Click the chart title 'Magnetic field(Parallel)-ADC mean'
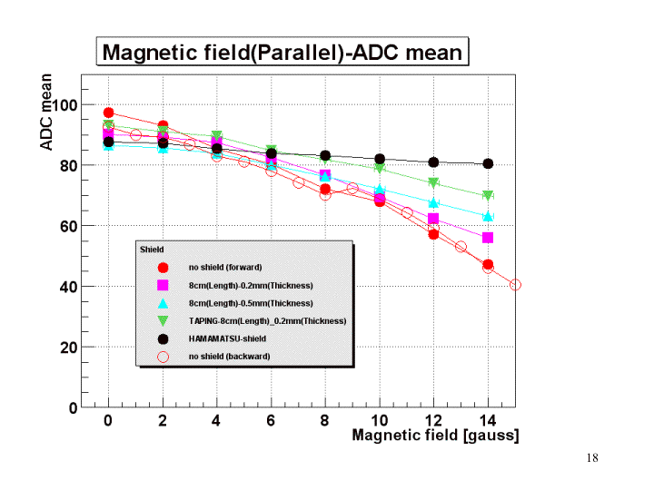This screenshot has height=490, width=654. click(282, 52)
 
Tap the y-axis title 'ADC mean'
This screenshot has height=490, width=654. click(47, 113)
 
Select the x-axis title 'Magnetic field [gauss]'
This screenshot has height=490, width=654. click(436, 436)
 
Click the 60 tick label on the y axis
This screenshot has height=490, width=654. click(65, 226)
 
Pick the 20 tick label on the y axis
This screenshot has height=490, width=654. click(65, 347)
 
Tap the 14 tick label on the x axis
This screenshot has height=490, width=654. click(488, 422)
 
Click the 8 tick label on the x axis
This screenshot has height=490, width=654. click(325, 422)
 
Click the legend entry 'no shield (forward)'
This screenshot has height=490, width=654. click(226, 268)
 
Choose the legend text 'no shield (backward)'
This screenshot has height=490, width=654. click(229, 357)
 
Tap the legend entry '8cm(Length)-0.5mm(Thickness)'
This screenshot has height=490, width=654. click(250, 303)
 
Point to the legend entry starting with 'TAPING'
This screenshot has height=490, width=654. click(267, 321)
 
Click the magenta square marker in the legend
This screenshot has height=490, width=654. click(163, 285)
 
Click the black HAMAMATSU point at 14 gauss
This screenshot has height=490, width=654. click(488, 164)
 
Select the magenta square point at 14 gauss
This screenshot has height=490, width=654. click(488, 238)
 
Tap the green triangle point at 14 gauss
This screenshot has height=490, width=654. click(488, 196)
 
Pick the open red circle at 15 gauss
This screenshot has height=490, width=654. click(515, 285)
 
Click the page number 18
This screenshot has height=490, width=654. click(592, 458)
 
